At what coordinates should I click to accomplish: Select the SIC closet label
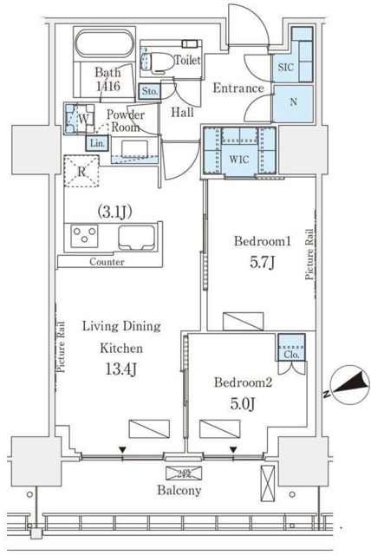[x=287, y=66]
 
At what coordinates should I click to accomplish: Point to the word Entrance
[x=238, y=88]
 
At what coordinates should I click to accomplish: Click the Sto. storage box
[x=148, y=89]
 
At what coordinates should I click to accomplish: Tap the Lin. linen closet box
[x=96, y=143]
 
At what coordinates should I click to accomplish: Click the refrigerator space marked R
[x=81, y=172]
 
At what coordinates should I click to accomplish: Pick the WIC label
[x=239, y=159]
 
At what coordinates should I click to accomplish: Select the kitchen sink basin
[x=136, y=236]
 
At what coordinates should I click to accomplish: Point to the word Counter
[x=107, y=261]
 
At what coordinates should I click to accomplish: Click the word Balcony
[x=179, y=491]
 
